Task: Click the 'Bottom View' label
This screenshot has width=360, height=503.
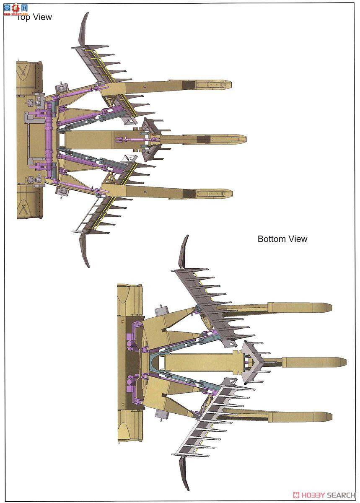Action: coord(282,239)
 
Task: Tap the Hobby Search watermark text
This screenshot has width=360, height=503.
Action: coord(324,495)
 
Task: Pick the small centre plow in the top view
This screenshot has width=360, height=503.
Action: coord(153,138)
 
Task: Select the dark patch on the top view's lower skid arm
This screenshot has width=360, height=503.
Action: coord(189,193)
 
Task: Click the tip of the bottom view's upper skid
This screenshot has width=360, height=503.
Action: coord(329,307)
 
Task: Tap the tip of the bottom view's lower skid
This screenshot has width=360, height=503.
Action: coord(329,417)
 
